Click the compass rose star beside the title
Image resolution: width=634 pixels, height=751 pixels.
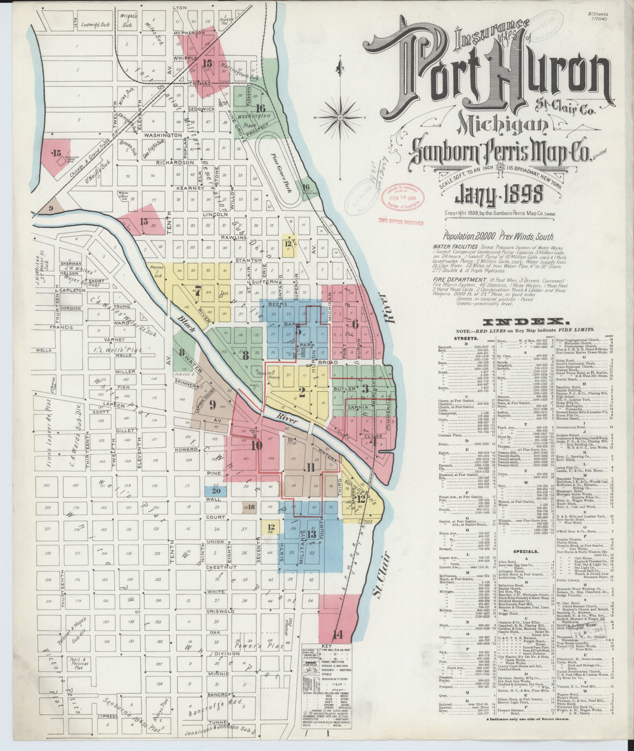pyautogui.click(x=340, y=117)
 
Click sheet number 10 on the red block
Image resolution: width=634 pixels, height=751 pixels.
pyautogui.click(x=257, y=446)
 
